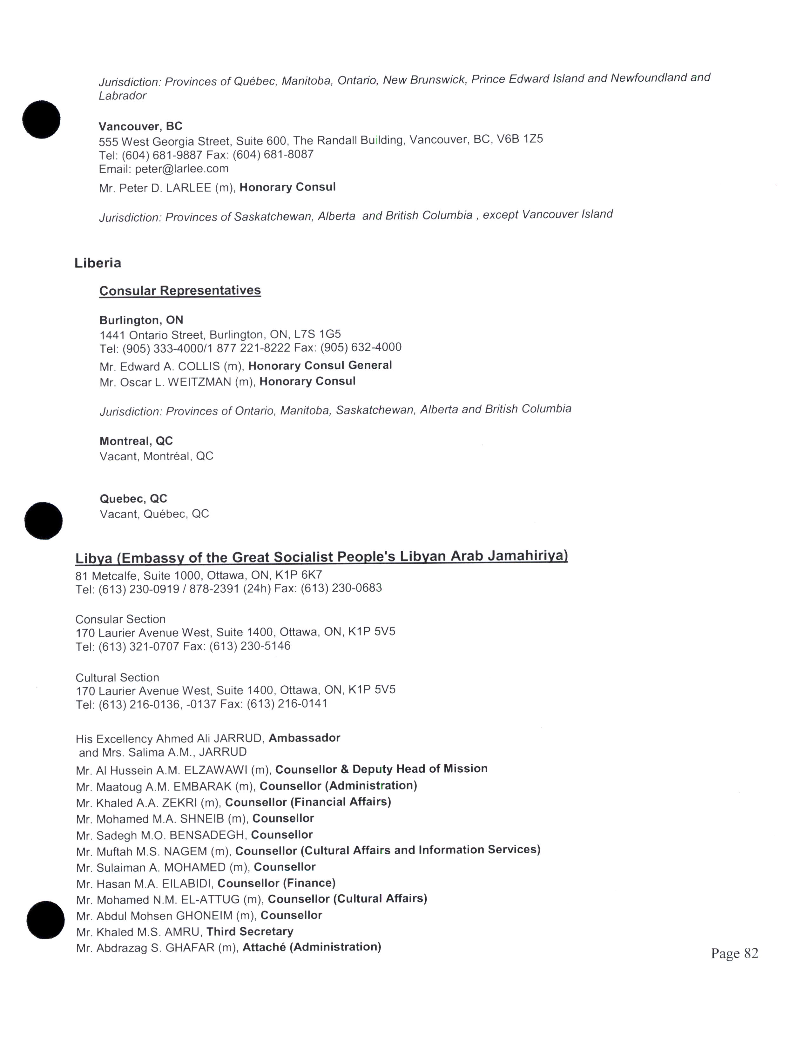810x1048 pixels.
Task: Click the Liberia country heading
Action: pyautogui.click(x=98, y=263)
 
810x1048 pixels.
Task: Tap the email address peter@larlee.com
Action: pyautogui.click(x=181, y=168)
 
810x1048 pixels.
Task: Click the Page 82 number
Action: pyautogui.click(x=734, y=953)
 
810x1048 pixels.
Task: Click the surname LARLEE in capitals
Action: pyautogui.click(x=188, y=188)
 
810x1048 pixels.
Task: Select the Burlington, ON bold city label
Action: pyautogui.click(x=141, y=320)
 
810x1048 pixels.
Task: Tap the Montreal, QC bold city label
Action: pyautogui.click(x=136, y=441)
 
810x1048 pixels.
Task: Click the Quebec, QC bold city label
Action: pyautogui.click(x=133, y=499)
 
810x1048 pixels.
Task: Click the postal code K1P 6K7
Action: pyautogui.click(x=299, y=575)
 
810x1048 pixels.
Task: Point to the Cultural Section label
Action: pyautogui.click(x=117, y=678)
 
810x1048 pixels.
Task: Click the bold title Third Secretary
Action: pyautogui.click(x=250, y=931)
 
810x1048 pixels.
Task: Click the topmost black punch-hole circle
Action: pyautogui.click(x=41, y=119)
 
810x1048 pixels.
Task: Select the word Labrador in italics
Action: pyautogui.click(x=122, y=96)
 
